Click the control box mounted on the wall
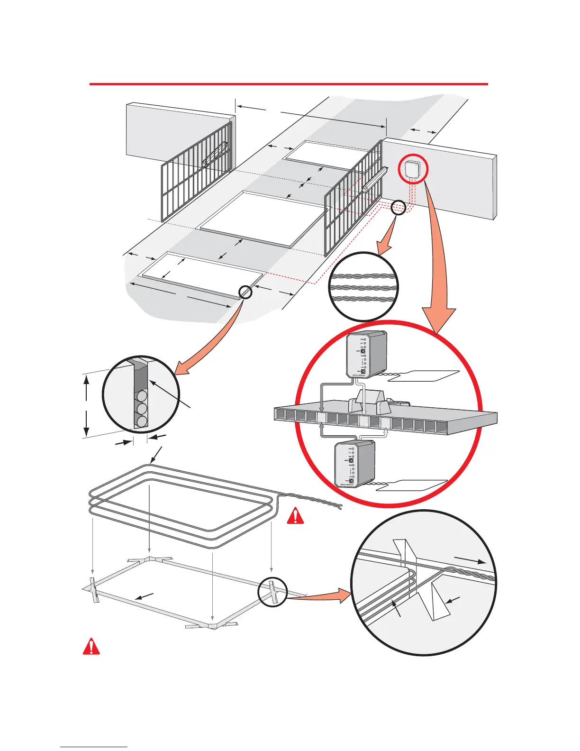[413, 170]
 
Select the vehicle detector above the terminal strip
[367, 354]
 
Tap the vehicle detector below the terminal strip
[355, 464]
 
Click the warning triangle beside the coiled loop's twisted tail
[295, 516]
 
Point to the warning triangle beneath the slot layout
[91, 647]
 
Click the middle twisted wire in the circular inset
[363, 288]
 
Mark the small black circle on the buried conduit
[399, 208]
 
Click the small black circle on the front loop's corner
[245, 292]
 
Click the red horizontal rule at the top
[289, 84]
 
